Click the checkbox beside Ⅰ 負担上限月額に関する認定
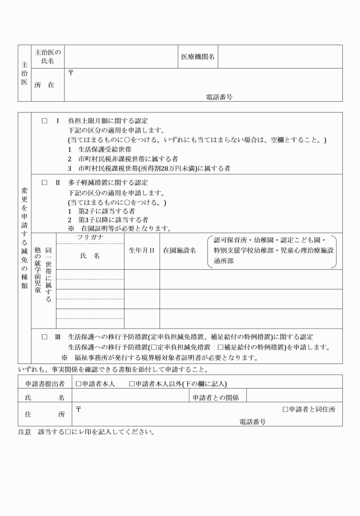[x=44, y=121]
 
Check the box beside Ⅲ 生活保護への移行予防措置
[x=44, y=337]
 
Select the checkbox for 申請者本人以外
[x=132, y=383]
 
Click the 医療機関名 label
[x=198, y=57]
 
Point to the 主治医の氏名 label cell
[x=49, y=57]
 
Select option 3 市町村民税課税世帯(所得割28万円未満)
[x=149, y=168]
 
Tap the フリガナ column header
[x=90, y=237]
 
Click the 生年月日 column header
[x=142, y=250]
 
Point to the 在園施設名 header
[x=179, y=250]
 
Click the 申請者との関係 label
[x=215, y=397]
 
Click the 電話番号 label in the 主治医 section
[x=219, y=97]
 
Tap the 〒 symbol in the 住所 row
[x=78, y=407]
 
